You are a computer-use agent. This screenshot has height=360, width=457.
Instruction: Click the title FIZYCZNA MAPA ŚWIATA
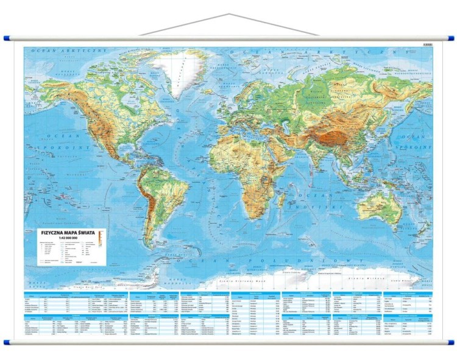pos(66,232)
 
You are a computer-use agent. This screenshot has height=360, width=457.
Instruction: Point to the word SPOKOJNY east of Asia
pos(416,147)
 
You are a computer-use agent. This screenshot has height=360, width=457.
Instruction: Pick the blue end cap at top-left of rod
pos(7,38)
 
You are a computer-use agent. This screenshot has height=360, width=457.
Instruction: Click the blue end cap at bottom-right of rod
pos(450,342)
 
